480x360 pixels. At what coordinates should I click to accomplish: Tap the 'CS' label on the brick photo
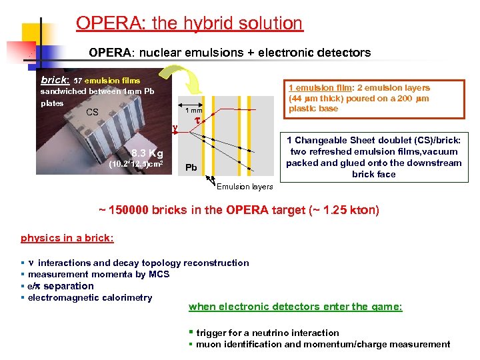pyautogui.click(x=93, y=112)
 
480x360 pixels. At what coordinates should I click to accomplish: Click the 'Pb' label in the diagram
pyautogui.click(x=191, y=167)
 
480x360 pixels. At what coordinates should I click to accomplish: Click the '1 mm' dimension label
pyautogui.click(x=193, y=110)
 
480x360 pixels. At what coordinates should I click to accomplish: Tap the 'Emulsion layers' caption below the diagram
pyautogui.click(x=244, y=187)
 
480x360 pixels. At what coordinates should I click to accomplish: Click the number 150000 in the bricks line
pyautogui.click(x=130, y=211)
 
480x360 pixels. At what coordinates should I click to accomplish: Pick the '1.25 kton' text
pyautogui.click(x=349, y=211)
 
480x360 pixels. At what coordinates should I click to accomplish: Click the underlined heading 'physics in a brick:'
pyautogui.click(x=67, y=238)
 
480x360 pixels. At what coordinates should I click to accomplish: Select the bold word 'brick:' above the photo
pyautogui.click(x=54, y=79)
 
